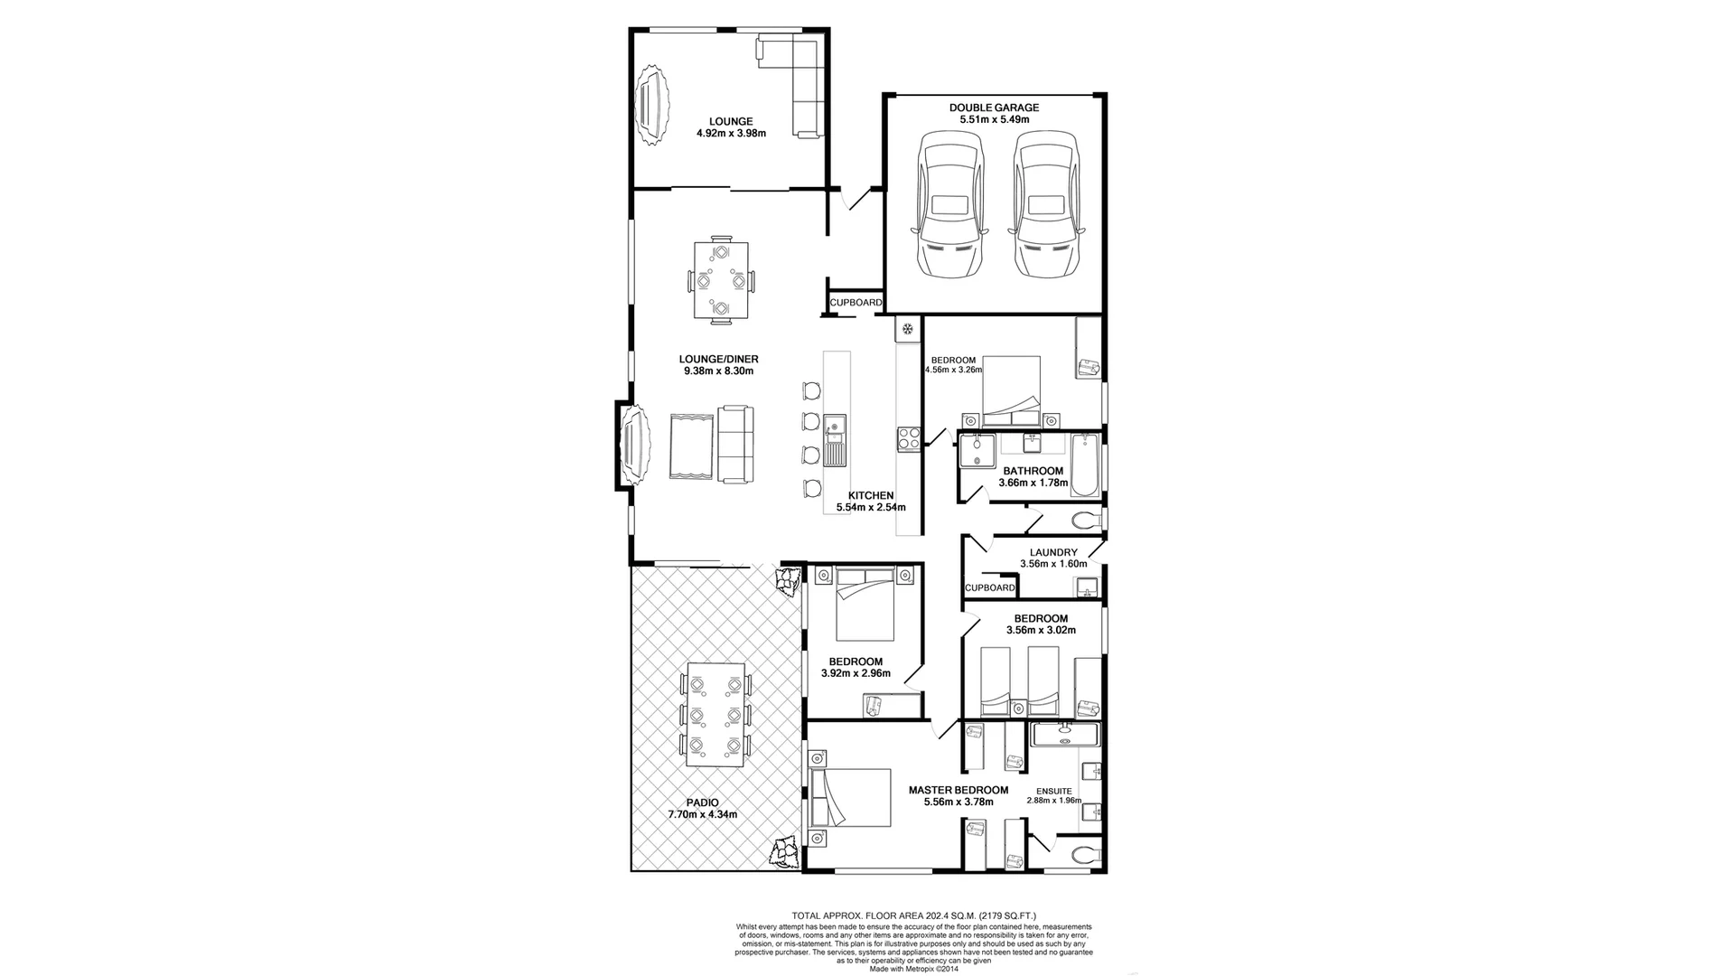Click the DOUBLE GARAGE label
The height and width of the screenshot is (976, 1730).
tap(994, 108)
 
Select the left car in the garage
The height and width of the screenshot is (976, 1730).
tap(948, 205)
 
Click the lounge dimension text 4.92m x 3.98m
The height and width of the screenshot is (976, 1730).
tap(730, 134)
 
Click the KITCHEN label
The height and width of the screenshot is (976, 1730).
tap(871, 495)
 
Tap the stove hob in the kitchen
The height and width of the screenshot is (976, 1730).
tap(909, 440)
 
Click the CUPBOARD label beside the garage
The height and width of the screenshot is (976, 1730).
tap(856, 303)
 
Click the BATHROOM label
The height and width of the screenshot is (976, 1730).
tap(1033, 471)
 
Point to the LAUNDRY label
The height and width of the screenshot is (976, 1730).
tap(1053, 552)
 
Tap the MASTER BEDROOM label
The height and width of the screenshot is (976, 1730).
tap(958, 790)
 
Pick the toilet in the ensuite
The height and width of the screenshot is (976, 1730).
tap(1082, 851)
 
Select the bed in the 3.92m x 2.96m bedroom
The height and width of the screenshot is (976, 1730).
tap(865, 604)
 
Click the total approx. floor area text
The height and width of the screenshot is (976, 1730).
tap(920, 915)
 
